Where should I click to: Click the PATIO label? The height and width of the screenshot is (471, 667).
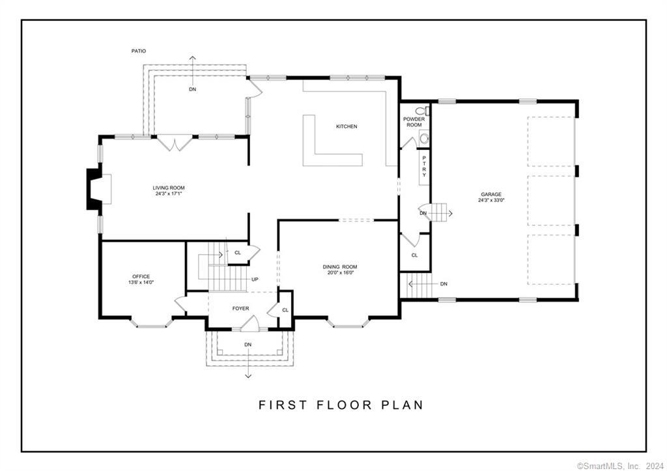pos(138,51)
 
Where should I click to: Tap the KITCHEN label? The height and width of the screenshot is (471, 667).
pos(346,126)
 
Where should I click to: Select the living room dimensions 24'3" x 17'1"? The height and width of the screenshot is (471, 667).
pos(169,193)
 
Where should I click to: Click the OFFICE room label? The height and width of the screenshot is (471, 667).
pos(141,276)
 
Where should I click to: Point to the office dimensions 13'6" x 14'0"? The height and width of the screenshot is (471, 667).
pos(141,282)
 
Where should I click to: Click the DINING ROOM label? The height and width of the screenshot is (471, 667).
pos(340,266)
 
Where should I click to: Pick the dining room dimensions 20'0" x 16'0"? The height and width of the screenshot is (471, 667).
pos(340,273)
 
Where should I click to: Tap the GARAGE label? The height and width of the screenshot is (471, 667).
pos(491,194)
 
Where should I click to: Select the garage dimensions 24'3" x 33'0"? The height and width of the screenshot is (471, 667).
pos(491,201)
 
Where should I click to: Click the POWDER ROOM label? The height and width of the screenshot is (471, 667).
pos(414,122)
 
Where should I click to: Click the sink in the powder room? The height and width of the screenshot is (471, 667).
pos(424,138)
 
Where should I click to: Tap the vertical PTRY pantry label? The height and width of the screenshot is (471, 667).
pos(424,167)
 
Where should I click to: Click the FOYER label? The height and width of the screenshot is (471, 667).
pos(241,308)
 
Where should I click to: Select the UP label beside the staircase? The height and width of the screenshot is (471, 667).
pos(255,279)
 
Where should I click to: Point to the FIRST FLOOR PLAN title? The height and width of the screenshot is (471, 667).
pos(341,405)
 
